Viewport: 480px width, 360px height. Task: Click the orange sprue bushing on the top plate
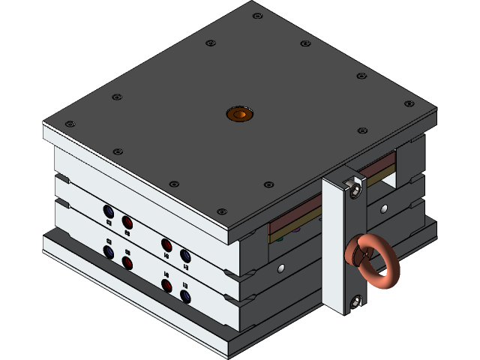(x=239, y=114)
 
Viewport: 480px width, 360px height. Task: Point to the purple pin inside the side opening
(x=297, y=229)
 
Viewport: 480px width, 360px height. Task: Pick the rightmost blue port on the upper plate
(x=185, y=255)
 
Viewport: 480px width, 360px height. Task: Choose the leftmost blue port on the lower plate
(x=109, y=253)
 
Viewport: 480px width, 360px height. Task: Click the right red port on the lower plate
(x=166, y=286)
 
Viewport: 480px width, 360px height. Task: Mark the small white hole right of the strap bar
(x=384, y=208)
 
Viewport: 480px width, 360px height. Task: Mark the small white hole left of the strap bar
(x=281, y=267)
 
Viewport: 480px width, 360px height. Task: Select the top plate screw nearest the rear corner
(x=257, y=16)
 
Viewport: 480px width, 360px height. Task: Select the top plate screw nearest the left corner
(x=70, y=124)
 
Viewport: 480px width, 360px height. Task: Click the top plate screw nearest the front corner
(x=221, y=211)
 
